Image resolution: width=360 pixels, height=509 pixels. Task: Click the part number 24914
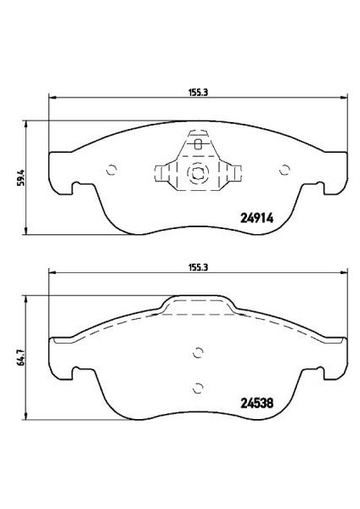256,218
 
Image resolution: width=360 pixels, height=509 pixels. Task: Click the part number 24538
256,403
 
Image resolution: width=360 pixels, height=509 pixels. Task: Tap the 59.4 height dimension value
20,178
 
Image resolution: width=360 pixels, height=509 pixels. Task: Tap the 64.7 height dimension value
20,358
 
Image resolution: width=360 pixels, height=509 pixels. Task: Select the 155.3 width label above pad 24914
198,92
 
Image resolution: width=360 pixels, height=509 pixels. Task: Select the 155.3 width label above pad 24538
198,268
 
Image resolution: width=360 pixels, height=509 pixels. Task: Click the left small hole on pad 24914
111,170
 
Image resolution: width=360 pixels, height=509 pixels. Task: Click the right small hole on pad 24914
284,170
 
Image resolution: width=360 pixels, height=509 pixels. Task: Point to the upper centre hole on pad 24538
198,353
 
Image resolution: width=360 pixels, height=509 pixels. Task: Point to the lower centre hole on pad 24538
198,388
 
